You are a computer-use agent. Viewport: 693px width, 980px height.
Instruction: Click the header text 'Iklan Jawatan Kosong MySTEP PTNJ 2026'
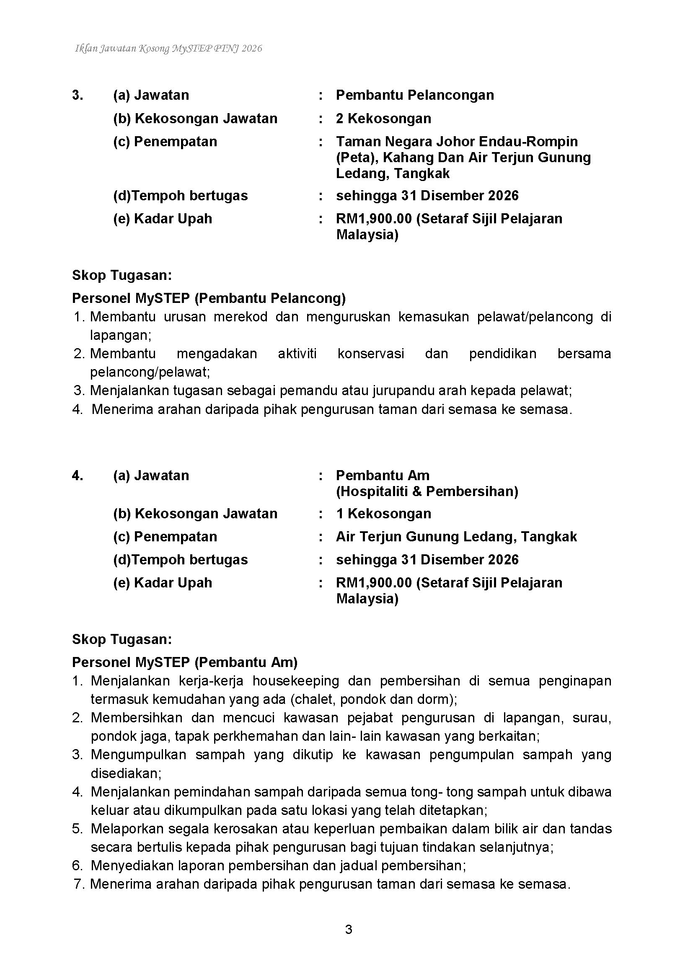[x=168, y=49]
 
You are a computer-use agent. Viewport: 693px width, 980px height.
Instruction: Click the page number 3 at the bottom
[x=348, y=929]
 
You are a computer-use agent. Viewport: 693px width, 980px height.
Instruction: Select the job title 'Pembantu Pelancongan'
[x=415, y=95]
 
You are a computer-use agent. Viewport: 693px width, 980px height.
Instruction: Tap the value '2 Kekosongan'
[x=383, y=118]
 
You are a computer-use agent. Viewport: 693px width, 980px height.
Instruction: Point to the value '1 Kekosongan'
[x=383, y=513]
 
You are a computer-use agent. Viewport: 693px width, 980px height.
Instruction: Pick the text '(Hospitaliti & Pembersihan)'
[x=427, y=491]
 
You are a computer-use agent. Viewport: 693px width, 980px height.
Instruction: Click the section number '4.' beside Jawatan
[x=78, y=476]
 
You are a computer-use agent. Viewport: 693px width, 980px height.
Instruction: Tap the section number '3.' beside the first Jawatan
[x=78, y=95]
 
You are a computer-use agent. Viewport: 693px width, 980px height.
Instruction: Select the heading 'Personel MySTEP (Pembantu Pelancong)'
[x=209, y=298]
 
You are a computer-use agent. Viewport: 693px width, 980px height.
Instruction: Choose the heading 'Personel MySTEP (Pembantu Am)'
[x=185, y=662]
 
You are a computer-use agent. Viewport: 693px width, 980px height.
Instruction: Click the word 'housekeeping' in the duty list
[x=296, y=681]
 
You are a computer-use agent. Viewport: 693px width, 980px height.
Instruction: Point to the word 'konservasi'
[x=370, y=354]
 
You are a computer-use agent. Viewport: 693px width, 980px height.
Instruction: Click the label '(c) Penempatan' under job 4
[x=165, y=537]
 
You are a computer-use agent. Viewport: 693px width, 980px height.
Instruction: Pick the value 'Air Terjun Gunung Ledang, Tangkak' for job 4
[x=456, y=537]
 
